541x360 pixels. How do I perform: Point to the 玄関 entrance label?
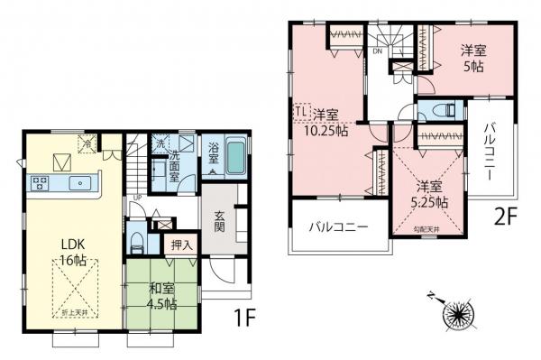coord(219,222)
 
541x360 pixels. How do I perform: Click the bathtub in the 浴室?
coord(234,160)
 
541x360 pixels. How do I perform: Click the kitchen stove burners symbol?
coord(41,184)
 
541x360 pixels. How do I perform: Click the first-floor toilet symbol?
coord(133,242)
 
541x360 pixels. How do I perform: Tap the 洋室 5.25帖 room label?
coord(429,195)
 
